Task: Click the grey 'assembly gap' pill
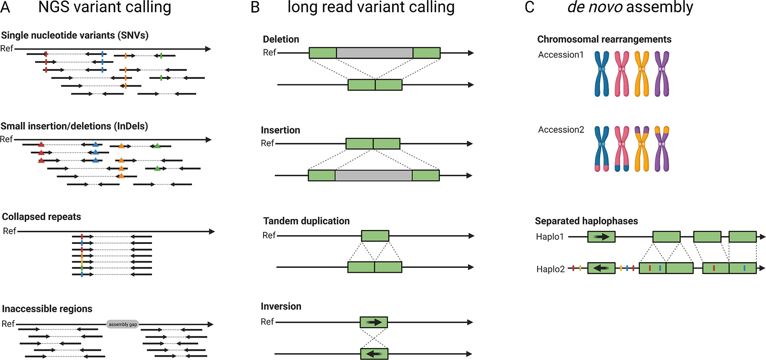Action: (x=122, y=324)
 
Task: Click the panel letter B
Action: (x=255, y=8)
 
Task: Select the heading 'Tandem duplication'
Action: (x=306, y=221)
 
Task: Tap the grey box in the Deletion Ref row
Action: (x=374, y=53)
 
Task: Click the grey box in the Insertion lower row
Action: (x=374, y=175)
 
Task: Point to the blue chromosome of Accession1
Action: (x=602, y=74)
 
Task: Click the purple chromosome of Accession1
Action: (x=662, y=74)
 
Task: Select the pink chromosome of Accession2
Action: (x=622, y=149)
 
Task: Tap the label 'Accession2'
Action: (x=561, y=130)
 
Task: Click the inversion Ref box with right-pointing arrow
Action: (x=374, y=322)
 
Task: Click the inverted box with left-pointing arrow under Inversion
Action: (x=374, y=354)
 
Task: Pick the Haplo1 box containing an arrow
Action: (x=601, y=237)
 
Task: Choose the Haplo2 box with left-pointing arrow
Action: (x=601, y=268)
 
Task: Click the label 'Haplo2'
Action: (x=550, y=269)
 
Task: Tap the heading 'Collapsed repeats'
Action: (x=41, y=216)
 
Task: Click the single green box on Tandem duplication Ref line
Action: (x=375, y=236)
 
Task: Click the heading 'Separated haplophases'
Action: (x=586, y=221)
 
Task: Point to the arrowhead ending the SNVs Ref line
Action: (x=208, y=49)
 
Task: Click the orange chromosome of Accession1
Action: (x=642, y=74)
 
